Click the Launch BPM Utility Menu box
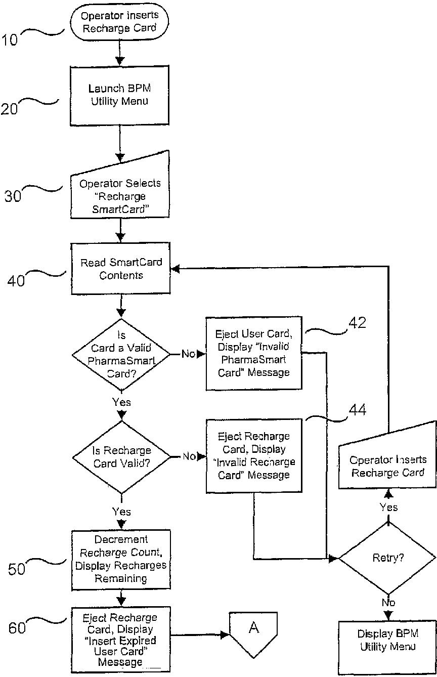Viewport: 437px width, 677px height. click(x=120, y=95)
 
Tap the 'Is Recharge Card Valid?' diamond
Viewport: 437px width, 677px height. click(x=121, y=456)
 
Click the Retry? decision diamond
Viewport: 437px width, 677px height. click(x=387, y=559)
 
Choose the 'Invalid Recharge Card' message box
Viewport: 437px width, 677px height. click(x=253, y=455)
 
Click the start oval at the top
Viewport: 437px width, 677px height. click(x=119, y=22)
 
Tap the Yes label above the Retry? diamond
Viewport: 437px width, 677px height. click(x=388, y=507)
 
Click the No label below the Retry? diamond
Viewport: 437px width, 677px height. click(x=388, y=602)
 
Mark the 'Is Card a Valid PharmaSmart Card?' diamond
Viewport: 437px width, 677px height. click(x=121, y=354)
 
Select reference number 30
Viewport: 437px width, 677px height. click(x=13, y=195)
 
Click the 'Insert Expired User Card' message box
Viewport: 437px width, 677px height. click(x=121, y=640)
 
